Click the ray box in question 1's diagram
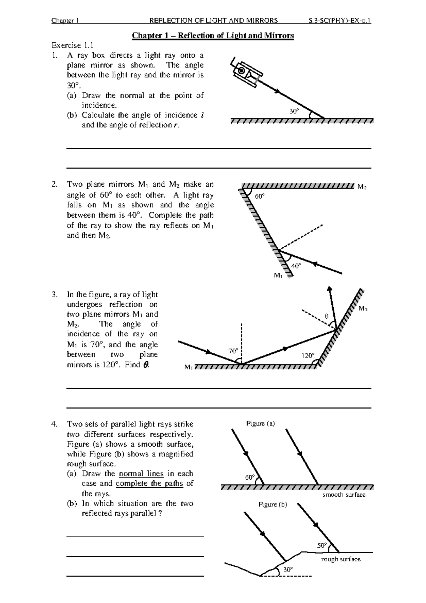click(246, 73)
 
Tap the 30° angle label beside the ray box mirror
click(294, 111)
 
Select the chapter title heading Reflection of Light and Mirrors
click(213, 36)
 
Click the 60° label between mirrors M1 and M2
click(260, 196)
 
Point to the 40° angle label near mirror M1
click(296, 266)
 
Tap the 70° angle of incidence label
click(233, 351)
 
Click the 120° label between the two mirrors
click(307, 356)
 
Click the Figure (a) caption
click(261, 423)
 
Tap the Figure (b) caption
click(273, 504)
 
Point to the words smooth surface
click(344, 495)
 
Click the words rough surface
click(340, 559)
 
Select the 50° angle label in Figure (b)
click(322, 545)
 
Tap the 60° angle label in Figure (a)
click(250, 477)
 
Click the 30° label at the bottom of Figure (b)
click(288, 569)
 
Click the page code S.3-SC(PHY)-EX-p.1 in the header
click(340, 21)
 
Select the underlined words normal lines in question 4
click(141, 474)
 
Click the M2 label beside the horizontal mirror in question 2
click(362, 187)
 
